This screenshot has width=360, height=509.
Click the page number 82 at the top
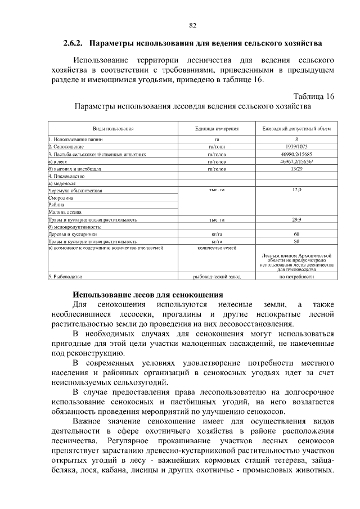(x=192, y=26)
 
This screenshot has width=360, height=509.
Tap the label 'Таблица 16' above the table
(x=314, y=96)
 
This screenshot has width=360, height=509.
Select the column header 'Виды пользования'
(x=112, y=128)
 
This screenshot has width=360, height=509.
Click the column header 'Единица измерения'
(x=217, y=128)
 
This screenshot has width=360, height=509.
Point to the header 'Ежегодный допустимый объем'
(x=296, y=128)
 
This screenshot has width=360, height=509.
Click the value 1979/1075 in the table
(x=296, y=146)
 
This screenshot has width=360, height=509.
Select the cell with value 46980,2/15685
(x=296, y=154)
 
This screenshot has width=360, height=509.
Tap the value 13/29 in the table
(x=296, y=168)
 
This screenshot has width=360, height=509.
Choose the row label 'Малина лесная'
(x=65, y=212)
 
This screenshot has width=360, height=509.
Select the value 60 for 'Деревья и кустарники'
(x=296, y=234)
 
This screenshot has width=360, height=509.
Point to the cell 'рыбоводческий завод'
(x=217, y=277)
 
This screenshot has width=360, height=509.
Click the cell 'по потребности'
(x=296, y=277)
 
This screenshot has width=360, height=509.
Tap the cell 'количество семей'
(x=217, y=247)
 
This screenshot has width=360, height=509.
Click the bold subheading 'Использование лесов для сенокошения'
(x=148, y=294)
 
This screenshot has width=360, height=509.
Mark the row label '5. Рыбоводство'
(x=66, y=277)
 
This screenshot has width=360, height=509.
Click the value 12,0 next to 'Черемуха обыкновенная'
(x=296, y=191)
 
